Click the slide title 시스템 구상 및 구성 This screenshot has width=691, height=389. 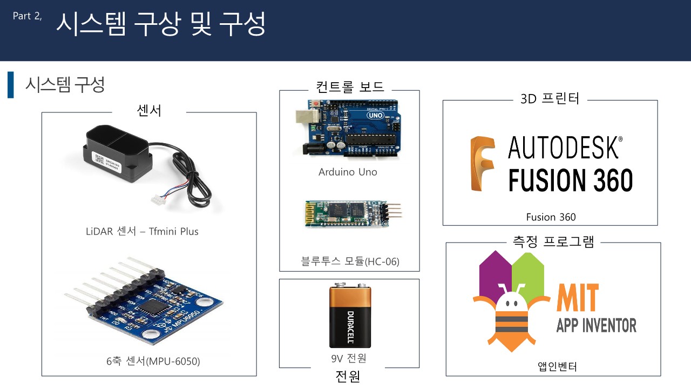coord(160,24)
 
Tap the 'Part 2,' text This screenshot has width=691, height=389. coord(28,16)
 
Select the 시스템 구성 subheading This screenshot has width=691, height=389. coord(65,85)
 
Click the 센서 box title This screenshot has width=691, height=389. coord(150,111)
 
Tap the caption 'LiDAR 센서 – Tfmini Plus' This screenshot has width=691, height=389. coord(142,232)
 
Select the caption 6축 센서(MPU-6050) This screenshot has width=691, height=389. coord(153,361)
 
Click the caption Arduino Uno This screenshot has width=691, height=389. coord(348,172)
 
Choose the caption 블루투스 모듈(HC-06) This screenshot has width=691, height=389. coord(350,262)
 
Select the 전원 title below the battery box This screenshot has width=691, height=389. coord(348,376)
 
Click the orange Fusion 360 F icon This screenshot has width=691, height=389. coord(482,164)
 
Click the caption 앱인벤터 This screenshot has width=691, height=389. coord(558,367)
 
